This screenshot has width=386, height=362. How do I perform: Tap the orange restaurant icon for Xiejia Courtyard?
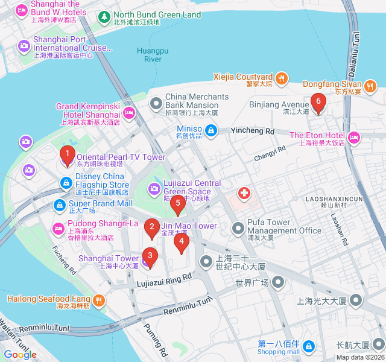pyautogui.click(x=281, y=77)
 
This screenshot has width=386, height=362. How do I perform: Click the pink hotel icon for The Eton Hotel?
pyautogui.click(x=354, y=138)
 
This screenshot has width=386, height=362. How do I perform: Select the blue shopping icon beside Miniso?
pyautogui.click(x=210, y=130)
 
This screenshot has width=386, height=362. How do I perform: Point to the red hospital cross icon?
pyautogui.click(x=244, y=193)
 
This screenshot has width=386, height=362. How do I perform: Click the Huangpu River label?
pyautogui.click(x=153, y=54)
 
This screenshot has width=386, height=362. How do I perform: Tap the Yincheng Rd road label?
pyautogui.click(x=253, y=131)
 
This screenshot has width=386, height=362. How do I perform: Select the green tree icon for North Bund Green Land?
pyautogui.click(x=104, y=15)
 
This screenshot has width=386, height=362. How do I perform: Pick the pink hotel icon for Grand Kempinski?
pyautogui.click(x=129, y=112)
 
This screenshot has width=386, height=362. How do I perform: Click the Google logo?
pyautogui.click(x=20, y=354)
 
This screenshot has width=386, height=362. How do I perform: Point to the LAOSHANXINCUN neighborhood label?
pyautogui.click(x=334, y=198)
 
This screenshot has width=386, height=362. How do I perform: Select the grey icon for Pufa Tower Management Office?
pyautogui.click(x=239, y=228)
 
